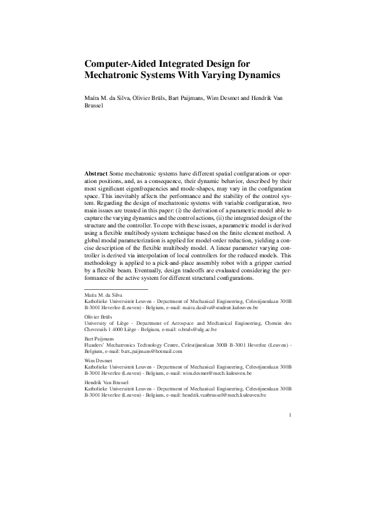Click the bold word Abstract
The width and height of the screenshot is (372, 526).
[96, 172]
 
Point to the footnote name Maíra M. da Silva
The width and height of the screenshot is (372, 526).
[103, 295]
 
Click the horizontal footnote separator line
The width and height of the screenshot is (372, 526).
[116, 289]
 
